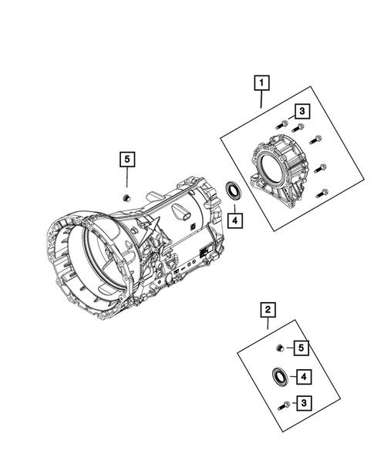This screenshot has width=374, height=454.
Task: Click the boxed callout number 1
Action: coord(263,81)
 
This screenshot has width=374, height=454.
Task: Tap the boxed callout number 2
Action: coord(268,311)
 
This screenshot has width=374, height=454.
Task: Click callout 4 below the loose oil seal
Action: coord(234,220)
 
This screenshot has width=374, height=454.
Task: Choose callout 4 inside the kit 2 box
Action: coord(304,377)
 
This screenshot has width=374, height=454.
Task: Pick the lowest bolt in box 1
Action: coord(324,193)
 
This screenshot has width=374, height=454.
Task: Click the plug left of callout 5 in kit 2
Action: coord(281,348)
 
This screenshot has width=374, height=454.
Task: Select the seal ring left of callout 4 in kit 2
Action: coord(279,377)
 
